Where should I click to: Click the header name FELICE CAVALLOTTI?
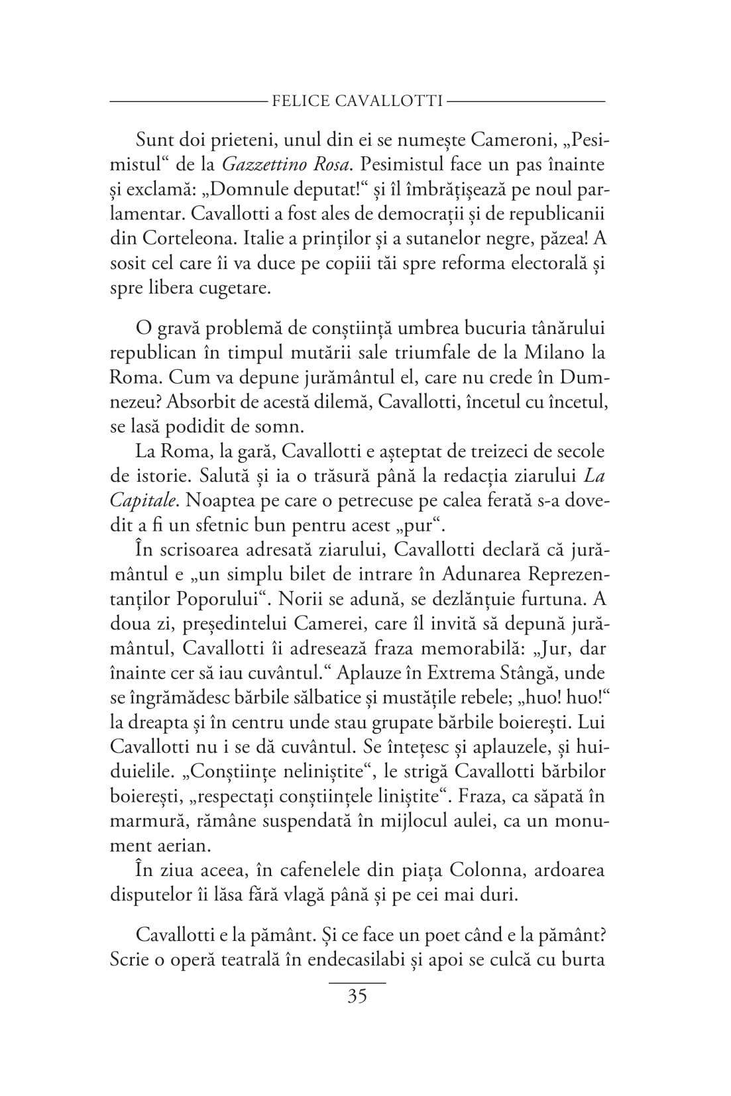pos(357,101)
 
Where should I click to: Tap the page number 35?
pos(357,997)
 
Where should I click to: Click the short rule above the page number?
pos(357,983)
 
